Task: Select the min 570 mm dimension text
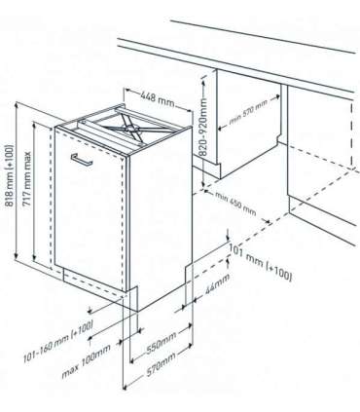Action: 249,122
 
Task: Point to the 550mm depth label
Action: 156,348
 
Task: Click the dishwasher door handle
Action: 88,159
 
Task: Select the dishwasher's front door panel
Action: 92,209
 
